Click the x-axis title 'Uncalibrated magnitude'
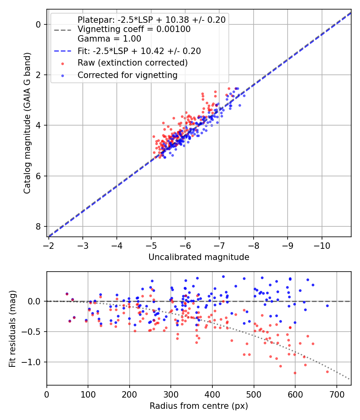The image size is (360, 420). (199, 257)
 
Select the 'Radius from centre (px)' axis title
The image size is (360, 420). (199, 406)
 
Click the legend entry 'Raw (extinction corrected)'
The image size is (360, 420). (132, 63)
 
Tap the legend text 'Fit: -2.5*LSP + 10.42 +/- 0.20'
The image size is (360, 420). (139, 51)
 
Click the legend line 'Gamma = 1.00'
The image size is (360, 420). (109, 39)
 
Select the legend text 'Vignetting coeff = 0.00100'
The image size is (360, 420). (134, 29)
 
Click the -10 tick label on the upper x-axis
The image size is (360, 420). (322, 245)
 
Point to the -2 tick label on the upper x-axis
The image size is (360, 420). (49, 245)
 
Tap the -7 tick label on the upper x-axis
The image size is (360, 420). (220, 245)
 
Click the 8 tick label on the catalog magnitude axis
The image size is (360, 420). (39, 226)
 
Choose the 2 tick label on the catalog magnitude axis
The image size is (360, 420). (39, 75)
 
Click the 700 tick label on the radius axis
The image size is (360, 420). (336, 394)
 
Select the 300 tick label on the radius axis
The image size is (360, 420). (171, 394)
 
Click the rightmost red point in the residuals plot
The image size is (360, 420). (327, 372)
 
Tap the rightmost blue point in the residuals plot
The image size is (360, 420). (327, 306)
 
